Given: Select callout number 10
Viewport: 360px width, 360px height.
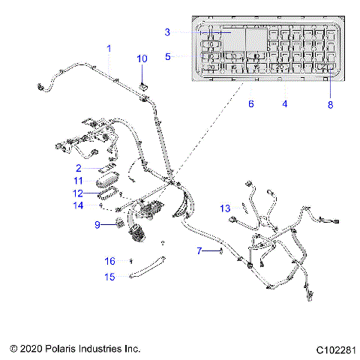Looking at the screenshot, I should [142, 58].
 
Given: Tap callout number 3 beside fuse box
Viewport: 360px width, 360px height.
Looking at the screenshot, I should [168, 31].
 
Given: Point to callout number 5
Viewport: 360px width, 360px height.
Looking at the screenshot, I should [168, 56].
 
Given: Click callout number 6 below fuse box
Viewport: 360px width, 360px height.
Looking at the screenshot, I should [250, 103].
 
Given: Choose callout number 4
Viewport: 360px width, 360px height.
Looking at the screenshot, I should [285, 103].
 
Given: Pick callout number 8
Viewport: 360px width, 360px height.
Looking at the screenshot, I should [330, 105].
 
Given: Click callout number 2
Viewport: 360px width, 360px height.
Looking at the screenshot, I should [99, 168].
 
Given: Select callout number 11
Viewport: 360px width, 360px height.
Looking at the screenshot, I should [99, 181].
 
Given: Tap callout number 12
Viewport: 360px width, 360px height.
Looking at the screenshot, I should [99, 193].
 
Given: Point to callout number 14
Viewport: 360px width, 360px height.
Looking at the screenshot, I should [99, 205].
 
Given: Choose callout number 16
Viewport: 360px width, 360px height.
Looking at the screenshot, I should [109, 261].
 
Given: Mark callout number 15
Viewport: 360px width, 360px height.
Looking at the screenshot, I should [109, 277].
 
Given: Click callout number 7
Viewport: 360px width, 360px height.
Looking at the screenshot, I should [199, 250].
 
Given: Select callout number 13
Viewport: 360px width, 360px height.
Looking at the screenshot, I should [225, 208].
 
